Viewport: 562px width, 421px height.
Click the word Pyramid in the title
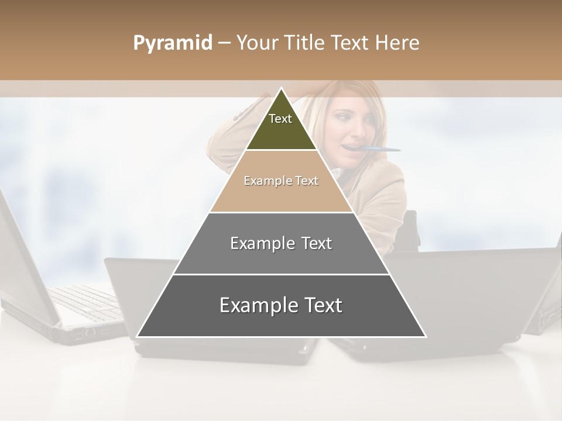(x=172, y=43)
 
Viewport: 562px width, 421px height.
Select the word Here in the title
(x=397, y=43)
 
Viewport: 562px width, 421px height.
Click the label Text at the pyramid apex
(x=280, y=119)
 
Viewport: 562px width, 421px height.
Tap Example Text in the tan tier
(x=281, y=181)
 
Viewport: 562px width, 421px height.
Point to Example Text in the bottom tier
(x=281, y=305)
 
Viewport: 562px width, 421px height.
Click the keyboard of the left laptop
(x=88, y=301)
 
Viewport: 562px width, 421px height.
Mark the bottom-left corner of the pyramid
(x=138, y=336)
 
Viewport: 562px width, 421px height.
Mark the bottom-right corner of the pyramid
(x=425, y=336)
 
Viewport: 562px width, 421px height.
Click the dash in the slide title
(x=224, y=43)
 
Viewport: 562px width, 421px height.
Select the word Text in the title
(x=351, y=43)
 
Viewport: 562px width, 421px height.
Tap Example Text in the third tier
(x=281, y=243)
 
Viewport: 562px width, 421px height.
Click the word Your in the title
(x=258, y=43)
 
